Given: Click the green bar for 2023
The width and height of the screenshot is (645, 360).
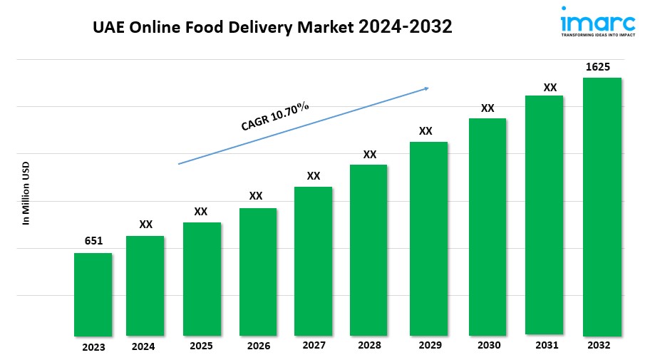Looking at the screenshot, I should point(93,294).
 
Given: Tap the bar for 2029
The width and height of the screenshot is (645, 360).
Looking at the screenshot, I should point(428,238).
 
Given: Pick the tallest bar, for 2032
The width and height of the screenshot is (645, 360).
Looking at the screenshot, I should point(602,206).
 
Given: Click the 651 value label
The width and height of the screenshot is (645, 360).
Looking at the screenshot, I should point(93,241).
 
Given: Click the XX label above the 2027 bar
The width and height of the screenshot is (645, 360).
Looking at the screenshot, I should point(314,175).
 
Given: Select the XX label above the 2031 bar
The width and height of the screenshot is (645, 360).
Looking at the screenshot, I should point(550,88).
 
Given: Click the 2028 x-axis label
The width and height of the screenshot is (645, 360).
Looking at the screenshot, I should point(369,346).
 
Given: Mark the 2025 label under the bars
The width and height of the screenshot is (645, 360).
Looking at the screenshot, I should point(202,346).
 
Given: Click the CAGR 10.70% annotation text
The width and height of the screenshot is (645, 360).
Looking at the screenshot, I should point(275,115).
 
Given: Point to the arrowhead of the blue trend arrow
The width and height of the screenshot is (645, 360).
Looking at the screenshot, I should point(426,88).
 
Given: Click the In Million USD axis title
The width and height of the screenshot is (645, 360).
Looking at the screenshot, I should point(26,193).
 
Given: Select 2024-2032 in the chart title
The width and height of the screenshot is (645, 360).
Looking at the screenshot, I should point(405,27).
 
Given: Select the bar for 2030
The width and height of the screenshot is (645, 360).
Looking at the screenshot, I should point(487,226).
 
